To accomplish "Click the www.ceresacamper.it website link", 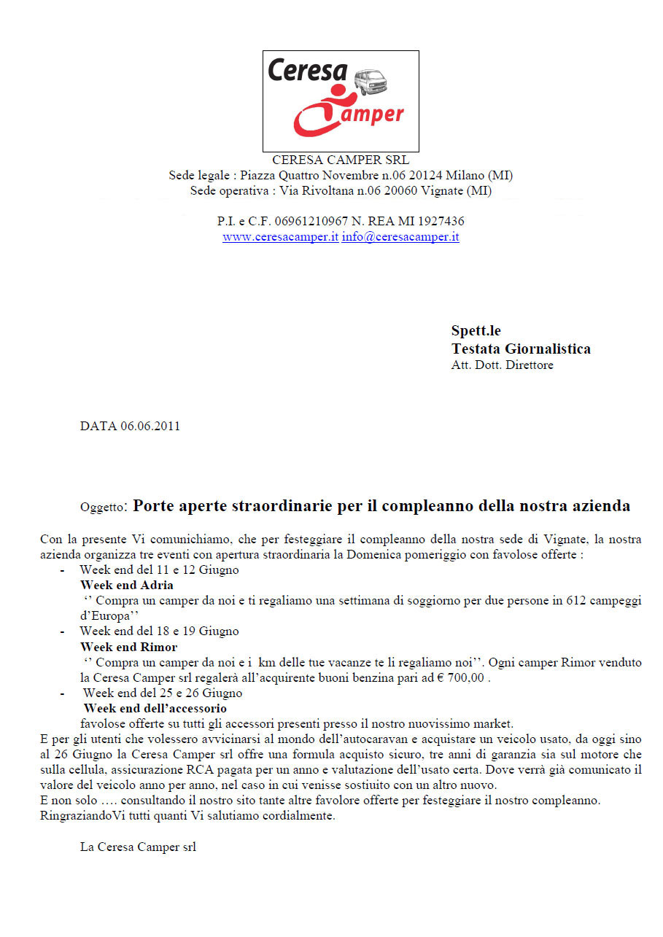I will click(x=280, y=237).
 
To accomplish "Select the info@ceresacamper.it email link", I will click(x=400, y=237).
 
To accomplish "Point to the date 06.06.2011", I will click(x=150, y=427).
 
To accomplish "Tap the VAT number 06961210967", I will click(x=298, y=221).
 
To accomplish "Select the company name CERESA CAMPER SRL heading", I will click(x=341, y=160).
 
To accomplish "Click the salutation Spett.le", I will click(x=476, y=331).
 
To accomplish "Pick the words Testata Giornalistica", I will click(x=521, y=349).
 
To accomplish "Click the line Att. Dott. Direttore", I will click(x=502, y=365).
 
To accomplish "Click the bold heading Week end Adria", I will click(x=127, y=585).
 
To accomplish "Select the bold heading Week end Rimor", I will click(x=128, y=647).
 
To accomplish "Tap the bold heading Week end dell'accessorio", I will click(x=155, y=708).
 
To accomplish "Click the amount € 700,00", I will click(x=462, y=678).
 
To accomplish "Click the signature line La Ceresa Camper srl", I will click(x=138, y=847).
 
